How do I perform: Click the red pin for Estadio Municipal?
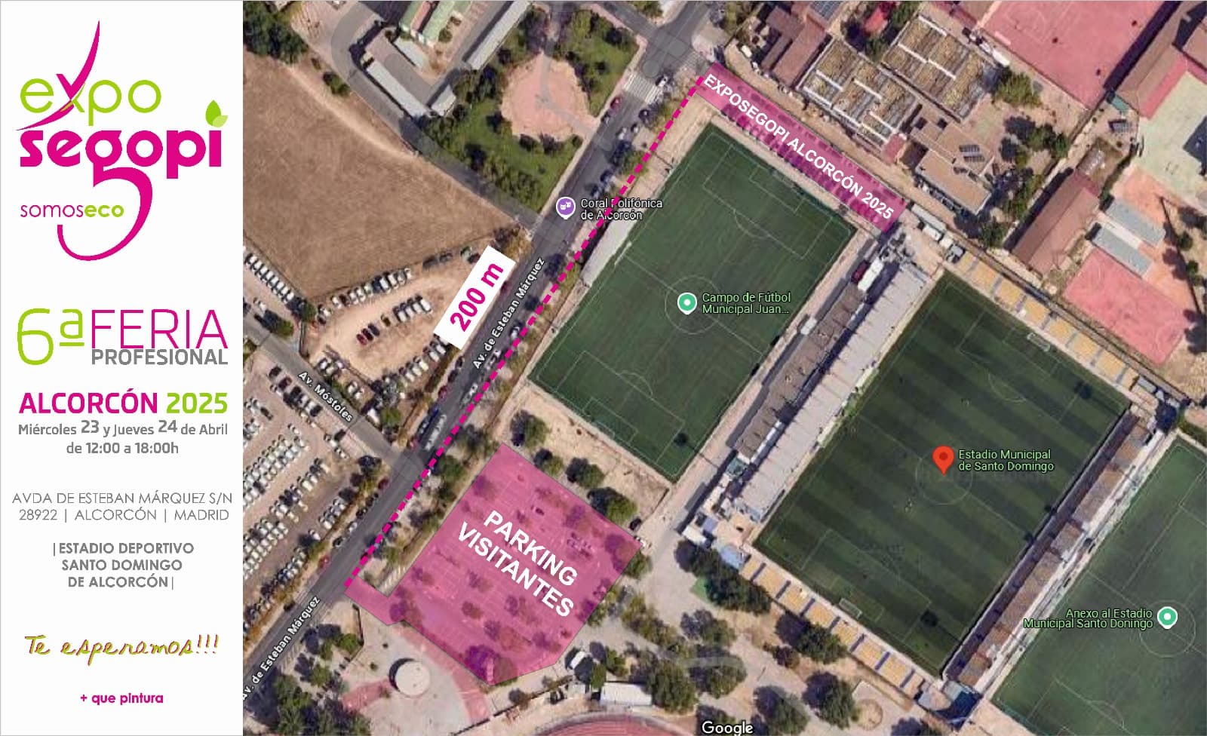coord(942,458)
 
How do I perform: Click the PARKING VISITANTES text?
coord(518,563)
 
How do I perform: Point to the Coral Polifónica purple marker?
coord(565,207)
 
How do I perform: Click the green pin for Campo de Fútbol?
coord(686,303)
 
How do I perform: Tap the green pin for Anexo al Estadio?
coord(1167,617)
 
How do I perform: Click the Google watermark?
coord(726,727)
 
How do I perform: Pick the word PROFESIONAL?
coord(159,357)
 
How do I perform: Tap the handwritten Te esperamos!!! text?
coord(121,646)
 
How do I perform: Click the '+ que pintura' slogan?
coord(121,698)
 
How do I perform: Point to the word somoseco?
coord(72,210)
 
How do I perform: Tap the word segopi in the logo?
coord(121,147)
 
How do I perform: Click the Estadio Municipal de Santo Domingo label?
coord(1005,460)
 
